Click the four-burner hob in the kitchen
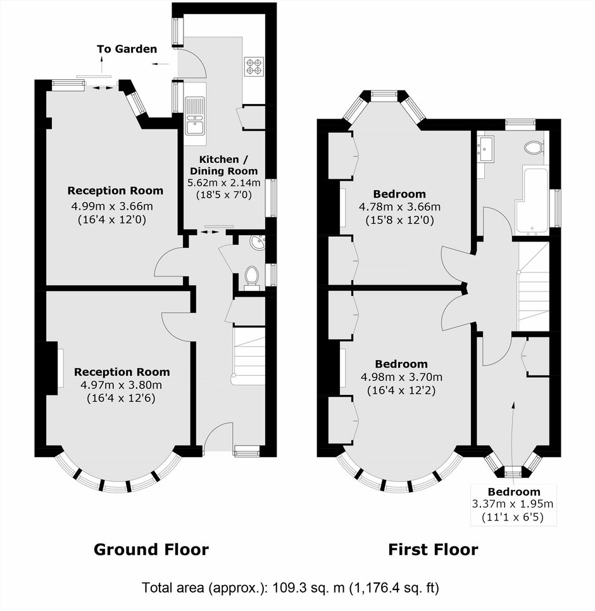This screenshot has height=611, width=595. tap(254, 67)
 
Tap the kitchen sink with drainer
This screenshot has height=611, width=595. tap(196, 116)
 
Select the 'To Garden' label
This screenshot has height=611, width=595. tap(127, 49)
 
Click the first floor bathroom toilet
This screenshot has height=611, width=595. tap(534, 148)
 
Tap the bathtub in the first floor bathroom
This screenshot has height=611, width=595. tap(532, 201)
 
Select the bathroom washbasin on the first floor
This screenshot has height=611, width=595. tap(486, 148)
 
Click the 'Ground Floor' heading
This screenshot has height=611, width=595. tap(151, 550)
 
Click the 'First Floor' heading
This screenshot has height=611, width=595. tap(433, 550)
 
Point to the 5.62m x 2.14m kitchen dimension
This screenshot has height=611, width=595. tap(223, 183)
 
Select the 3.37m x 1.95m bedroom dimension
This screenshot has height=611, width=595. tap(513, 504)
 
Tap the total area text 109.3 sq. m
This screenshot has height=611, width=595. tap(309, 587)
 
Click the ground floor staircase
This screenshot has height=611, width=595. tap(249, 356)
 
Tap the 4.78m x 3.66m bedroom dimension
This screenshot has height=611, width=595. tap(399, 207)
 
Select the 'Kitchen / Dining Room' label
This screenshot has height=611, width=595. tap(223, 165)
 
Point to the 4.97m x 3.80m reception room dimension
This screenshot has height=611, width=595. tap(121, 385)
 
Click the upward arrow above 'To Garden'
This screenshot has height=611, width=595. tap(102, 64)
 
